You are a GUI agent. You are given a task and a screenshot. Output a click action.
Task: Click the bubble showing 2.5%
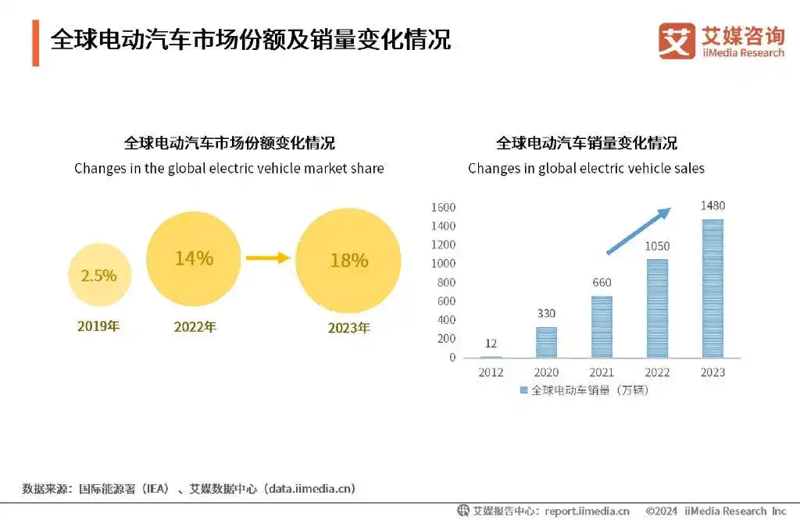coord(98,275)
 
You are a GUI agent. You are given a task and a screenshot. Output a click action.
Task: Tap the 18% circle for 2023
coord(348,260)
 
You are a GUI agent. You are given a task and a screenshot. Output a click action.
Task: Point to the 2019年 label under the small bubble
coord(98,326)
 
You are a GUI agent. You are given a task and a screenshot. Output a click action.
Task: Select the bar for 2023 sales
coord(712,289)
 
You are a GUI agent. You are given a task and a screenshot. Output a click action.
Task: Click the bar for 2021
coord(602,326)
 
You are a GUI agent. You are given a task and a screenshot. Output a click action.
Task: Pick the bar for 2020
coord(547,342)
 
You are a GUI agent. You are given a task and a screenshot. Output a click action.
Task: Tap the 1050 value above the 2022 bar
coord(657,247)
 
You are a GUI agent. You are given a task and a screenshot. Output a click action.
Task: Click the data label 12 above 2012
coord(491,344)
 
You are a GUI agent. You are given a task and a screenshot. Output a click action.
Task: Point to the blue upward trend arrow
coord(639,231)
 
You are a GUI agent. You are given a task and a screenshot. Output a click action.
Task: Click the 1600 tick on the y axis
coord(442,208)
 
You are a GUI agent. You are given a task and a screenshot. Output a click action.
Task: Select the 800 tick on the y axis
coord(445,283)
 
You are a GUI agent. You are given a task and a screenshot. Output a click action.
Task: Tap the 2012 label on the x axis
coord(491,372)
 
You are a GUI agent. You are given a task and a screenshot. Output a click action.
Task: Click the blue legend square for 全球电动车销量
coord(523,390)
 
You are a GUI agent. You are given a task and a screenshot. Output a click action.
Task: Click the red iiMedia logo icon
coord(677,41)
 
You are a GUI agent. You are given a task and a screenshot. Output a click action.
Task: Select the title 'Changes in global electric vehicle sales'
coord(586,169)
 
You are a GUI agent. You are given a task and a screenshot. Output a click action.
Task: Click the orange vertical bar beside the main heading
coord(35,43)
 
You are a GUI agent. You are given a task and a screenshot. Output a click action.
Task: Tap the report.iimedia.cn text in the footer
coord(587,511)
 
